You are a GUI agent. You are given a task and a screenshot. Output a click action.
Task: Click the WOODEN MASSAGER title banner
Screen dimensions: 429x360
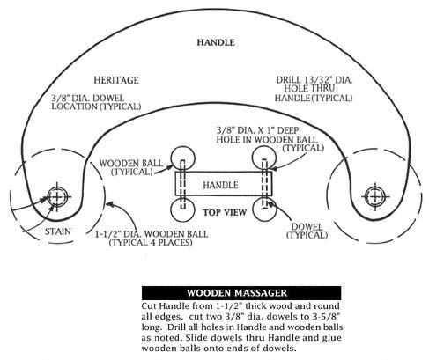[x=241, y=293]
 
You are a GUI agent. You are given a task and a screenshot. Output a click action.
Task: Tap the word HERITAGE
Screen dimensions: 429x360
[x=116, y=80]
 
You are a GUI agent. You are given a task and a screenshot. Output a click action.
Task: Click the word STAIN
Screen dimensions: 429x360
[x=58, y=231]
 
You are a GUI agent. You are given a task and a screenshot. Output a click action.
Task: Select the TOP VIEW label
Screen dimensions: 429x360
[x=225, y=212]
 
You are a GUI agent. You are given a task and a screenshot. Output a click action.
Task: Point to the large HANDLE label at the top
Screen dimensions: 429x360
[x=216, y=42]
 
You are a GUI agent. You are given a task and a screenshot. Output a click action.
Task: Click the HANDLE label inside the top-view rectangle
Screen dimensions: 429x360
[x=220, y=185]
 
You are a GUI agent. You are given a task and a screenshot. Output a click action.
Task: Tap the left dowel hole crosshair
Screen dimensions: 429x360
[x=57, y=196]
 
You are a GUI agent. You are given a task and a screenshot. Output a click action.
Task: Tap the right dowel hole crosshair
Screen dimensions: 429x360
[x=375, y=196]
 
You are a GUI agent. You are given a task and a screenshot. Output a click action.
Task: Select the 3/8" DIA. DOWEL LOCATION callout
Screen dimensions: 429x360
[x=96, y=102]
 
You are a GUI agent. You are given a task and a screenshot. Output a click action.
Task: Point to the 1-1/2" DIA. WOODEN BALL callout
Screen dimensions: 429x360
[x=152, y=239]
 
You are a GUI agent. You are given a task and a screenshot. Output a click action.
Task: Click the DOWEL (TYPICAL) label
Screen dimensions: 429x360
[x=307, y=231]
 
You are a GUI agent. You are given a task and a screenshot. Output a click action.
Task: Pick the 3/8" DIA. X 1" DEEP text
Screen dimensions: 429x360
[x=257, y=130]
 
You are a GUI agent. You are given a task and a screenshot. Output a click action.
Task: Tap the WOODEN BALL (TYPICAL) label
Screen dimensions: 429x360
[x=131, y=167]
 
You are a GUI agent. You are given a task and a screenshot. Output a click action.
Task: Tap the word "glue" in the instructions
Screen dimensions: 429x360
[x=331, y=338]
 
